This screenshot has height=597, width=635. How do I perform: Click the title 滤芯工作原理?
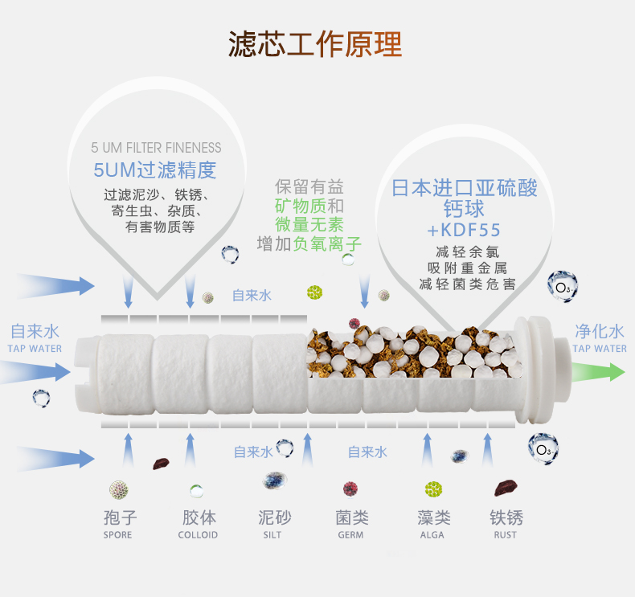point(315,44)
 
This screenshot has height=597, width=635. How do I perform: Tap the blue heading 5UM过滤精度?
point(155,170)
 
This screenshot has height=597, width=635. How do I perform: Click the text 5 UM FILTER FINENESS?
point(156,148)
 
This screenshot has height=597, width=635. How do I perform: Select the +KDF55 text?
point(466,231)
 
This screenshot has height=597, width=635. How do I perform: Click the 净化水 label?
point(599,331)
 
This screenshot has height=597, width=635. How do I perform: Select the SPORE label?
point(117,535)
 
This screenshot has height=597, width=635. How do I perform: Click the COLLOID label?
point(198,535)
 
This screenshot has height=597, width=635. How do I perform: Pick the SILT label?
point(272,535)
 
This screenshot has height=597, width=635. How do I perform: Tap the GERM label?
point(350,535)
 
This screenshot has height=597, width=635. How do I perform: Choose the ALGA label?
point(433,535)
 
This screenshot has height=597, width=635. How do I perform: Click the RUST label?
point(506,535)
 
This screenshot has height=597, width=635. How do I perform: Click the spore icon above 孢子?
point(119,489)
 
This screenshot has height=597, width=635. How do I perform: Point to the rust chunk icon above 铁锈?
point(506,487)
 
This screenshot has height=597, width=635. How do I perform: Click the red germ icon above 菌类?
point(350,489)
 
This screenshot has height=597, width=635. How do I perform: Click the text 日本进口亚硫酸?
point(465,189)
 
